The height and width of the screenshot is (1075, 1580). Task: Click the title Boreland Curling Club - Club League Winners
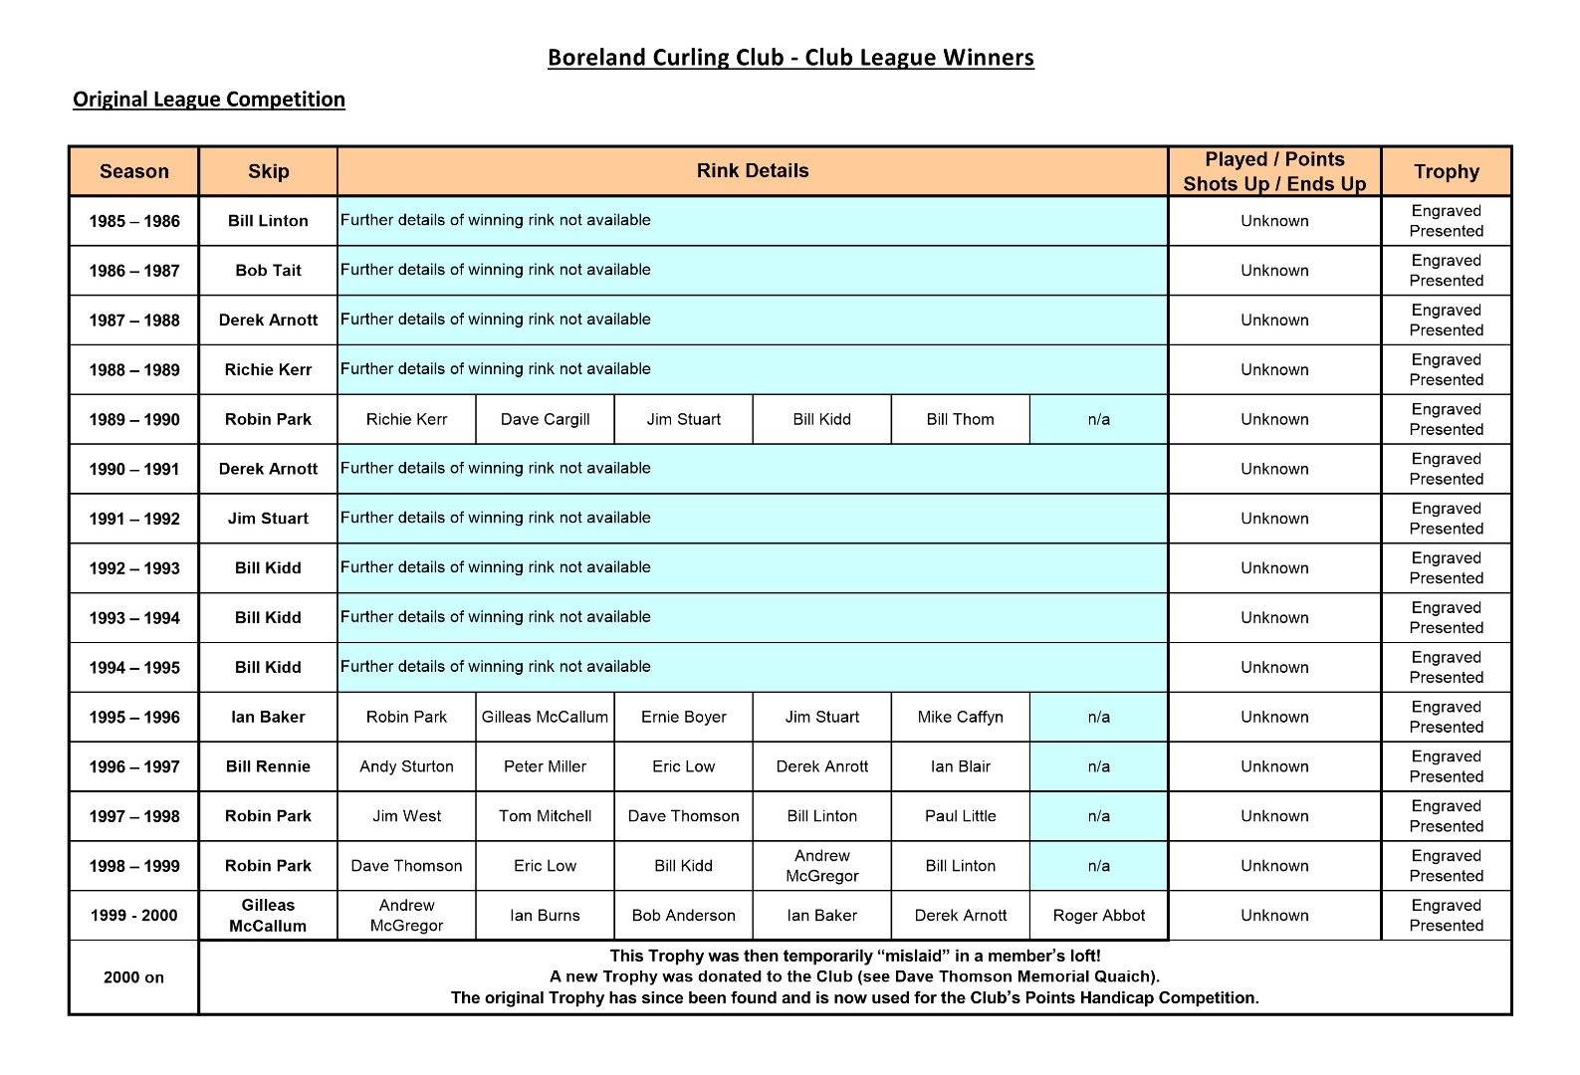(x=790, y=58)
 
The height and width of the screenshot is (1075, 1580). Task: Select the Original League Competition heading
(x=209, y=100)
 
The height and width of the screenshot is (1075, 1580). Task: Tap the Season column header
(x=134, y=171)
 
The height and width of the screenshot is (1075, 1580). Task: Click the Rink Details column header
(x=753, y=170)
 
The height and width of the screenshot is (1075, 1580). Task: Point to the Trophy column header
(x=1446, y=171)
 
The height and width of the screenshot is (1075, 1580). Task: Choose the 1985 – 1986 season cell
(x=134, y=221)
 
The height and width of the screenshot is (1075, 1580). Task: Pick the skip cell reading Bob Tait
(x=268, y=271)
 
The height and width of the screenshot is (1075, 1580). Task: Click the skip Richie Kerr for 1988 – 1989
(x=268, y=370)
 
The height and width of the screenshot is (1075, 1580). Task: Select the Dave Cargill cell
(x=545, y=419)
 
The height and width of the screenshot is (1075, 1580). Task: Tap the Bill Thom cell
(x=960, y=419)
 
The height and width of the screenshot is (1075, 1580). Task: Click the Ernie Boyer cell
(x=683, y=717)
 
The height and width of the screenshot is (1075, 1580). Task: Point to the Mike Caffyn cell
(x=960, y=717)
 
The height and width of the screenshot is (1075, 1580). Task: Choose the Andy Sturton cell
(x=406, y=766)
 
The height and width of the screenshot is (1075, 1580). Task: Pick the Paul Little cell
(x=960, y=816)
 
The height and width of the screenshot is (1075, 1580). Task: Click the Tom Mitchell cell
(x=545, y=816)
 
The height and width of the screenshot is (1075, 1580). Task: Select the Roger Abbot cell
(x=1098, y=916)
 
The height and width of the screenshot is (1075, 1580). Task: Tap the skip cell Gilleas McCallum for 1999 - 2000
(x=268, y=916)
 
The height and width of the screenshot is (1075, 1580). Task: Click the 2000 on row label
(x=133, y=977)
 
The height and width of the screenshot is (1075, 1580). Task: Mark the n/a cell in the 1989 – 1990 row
(x=1098, y=419)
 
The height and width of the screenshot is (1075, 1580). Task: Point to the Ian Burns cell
(x=545, y=916)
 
